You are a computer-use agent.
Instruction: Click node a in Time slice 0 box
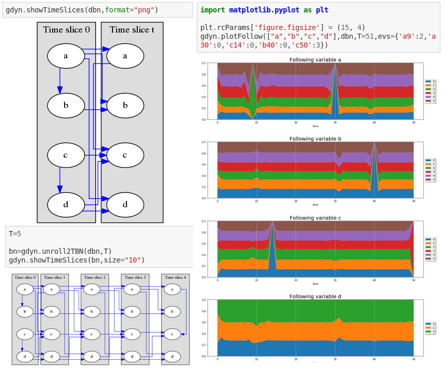(66, 56)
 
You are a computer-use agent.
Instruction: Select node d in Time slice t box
(125, 205)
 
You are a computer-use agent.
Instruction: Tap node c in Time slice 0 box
(66, 155)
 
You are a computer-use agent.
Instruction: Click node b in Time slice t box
(125, 105)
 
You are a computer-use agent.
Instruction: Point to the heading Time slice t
(132, 30)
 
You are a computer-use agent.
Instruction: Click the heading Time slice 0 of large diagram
(66, 30)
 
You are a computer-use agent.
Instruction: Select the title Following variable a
(315, 60)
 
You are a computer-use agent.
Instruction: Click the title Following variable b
(315, 139)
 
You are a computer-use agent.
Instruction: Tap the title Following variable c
(315, 218)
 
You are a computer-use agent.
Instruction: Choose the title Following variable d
(315, 297)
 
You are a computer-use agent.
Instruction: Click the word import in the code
(213, 10)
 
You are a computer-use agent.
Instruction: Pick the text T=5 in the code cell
(15, 234)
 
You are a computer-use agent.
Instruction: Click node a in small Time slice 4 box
(172, 289)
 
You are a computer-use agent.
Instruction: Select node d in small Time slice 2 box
(91, 357)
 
